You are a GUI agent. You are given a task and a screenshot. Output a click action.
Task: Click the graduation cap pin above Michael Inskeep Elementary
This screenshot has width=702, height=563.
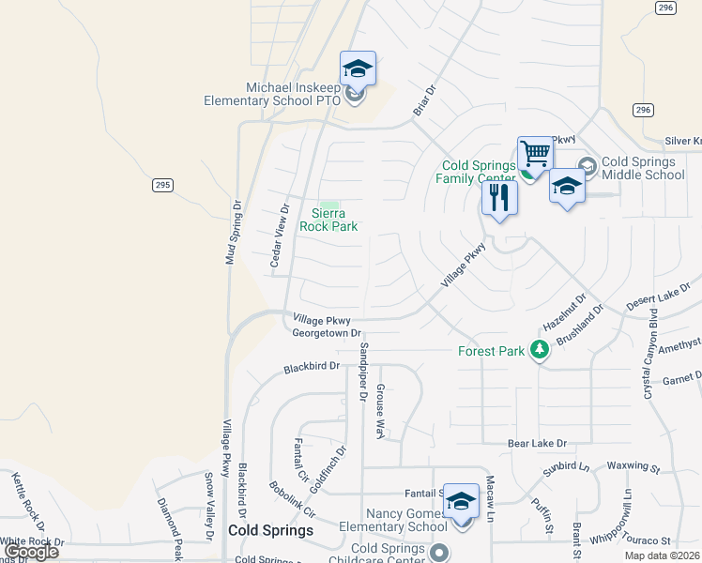coord(358,68)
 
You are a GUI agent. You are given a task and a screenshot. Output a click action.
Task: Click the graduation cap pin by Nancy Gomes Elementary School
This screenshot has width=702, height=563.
coord(461,503)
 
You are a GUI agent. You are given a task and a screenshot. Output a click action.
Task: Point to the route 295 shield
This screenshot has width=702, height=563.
coord(162,186)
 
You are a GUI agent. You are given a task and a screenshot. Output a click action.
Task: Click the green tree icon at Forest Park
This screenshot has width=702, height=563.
coord(539,350)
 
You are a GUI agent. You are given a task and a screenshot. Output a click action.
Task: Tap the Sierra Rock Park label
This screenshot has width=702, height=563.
coord(328,220)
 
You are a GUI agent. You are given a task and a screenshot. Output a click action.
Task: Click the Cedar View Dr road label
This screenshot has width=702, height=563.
coord(278,236)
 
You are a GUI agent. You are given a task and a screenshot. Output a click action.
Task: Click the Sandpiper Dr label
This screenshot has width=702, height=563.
coord(363,373)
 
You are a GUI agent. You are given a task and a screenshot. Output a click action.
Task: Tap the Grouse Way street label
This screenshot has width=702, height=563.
coord(381,411)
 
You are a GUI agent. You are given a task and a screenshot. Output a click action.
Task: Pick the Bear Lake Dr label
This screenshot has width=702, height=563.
coord(538,443)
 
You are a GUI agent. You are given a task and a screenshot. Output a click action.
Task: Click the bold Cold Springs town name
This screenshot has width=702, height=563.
coord(271,530)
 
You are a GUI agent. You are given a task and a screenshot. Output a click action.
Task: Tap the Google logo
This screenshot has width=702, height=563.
coord(31,552)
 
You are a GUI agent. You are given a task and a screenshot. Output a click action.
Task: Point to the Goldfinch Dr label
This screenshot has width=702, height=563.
coord(334,470)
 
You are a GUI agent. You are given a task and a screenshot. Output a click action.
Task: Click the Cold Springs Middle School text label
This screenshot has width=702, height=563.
coord(644,169)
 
